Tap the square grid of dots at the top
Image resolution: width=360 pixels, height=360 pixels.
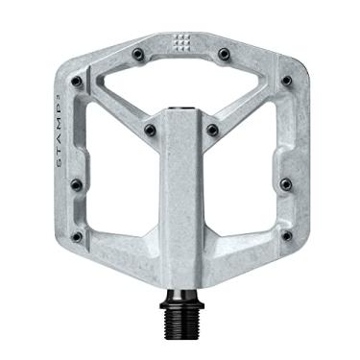(x=180, y=44)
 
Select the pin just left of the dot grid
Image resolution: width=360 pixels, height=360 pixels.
(x=138, y=53)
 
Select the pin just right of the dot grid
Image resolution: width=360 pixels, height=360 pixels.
(x=223, y=53)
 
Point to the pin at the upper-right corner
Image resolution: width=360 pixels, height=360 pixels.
(x=285, y=82)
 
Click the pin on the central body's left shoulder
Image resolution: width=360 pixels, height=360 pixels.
(x=149, y=129)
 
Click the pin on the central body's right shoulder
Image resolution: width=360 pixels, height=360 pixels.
(x=211, y=129)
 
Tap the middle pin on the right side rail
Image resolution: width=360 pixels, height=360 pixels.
(x=284, y=182)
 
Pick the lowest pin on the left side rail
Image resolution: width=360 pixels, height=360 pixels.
(x=78, y=235)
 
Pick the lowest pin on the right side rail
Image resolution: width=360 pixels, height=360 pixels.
(x=285, y=235)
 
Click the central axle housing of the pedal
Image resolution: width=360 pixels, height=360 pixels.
(x=180, y=192)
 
